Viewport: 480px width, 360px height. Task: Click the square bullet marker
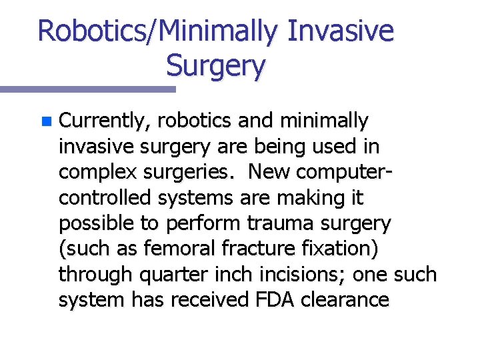click(x=45, y=122)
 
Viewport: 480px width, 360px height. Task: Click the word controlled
click(x=106, y=198)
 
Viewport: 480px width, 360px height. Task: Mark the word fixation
click(x=339, y=249)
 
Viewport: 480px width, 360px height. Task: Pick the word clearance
click(x=345, y=300)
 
